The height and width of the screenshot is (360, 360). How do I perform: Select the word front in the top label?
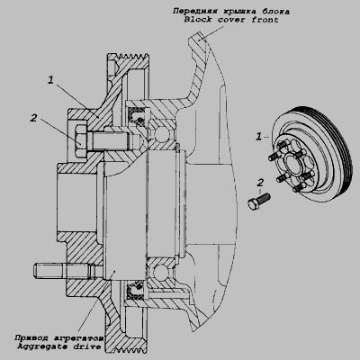(265, 21)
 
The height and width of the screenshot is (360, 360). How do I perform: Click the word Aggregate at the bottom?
(43, 347)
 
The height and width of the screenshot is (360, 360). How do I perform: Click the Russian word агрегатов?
(78, 338)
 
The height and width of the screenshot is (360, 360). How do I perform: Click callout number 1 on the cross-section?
(50, 80)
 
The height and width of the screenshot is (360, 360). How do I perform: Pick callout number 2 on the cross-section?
(33, 118)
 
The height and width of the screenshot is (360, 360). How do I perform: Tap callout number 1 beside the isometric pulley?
(258, 137)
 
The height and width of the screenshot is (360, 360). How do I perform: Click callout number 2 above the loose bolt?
(260, 183)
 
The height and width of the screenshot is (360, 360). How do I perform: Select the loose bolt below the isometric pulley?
(259, 202)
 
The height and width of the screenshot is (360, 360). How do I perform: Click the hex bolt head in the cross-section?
(79, 141)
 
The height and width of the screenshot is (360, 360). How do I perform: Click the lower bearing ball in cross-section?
(158, 272)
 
